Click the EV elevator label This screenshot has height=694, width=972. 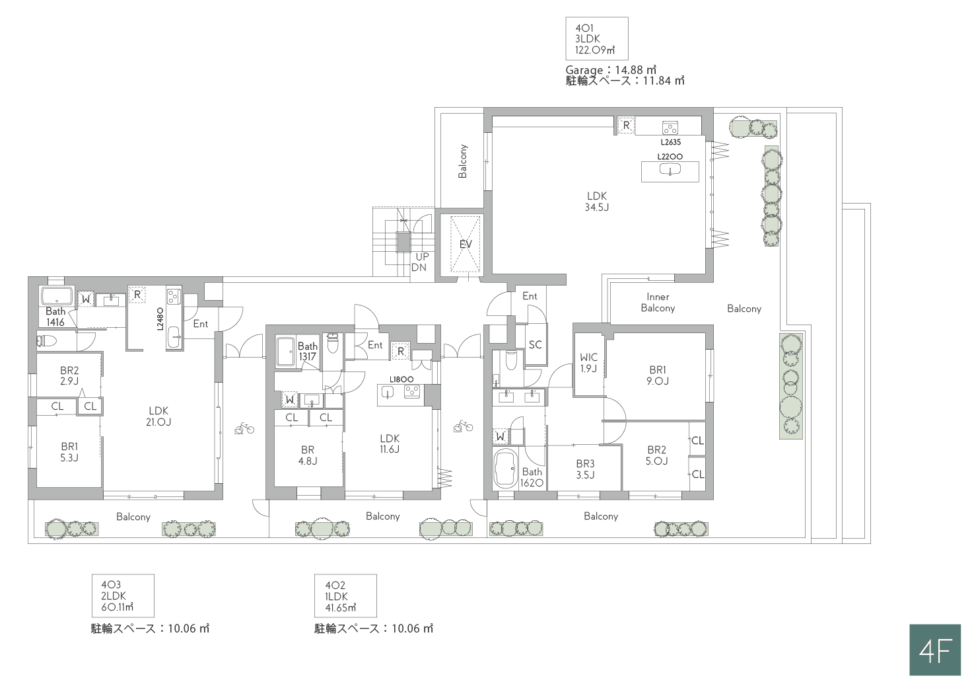[x=465, y=244]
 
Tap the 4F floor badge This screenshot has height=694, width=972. [x=934, y=650]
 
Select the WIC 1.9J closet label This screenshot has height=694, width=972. [x=588, y=363]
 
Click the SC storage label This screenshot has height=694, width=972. [x=535, y=344]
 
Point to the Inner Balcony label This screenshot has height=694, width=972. [x=658, y=302]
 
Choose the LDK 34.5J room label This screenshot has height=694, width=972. [x=597, y=202]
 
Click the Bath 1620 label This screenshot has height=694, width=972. [x=532, y=477]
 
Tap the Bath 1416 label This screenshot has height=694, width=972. [x=55, y=317]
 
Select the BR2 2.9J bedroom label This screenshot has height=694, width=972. [x=69, y=375]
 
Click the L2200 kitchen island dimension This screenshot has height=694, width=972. [x=670, y=157]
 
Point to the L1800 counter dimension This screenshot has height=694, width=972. [x=401, y=379]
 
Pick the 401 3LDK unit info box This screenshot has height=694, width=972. [x=597, y=38]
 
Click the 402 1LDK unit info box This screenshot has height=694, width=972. [x=345, y=596]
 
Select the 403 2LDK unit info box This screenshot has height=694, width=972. [x=123, y=596]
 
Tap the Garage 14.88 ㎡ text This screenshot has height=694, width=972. [x=611, y=69]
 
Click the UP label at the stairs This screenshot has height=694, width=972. [x=422, y=256]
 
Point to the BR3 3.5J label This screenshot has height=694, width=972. [x=585, y=469]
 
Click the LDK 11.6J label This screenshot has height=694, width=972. [x=390, y=443]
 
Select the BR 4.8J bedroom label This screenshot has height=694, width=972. [x=308, y=455]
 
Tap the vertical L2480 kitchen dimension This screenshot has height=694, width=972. [x=160, y=319]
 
